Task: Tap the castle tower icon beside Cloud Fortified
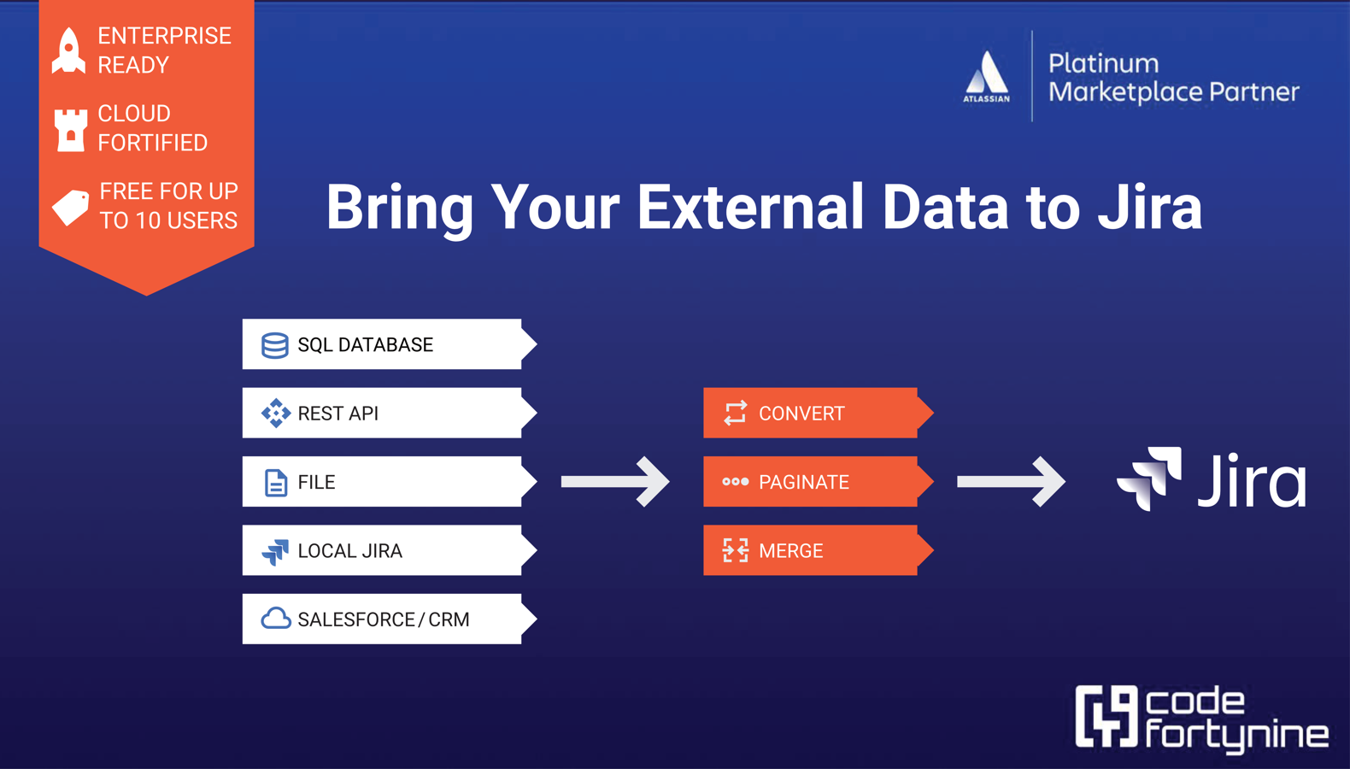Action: tap(71, 130)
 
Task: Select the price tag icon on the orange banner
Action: tap(71, 208)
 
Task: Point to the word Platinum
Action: tap(1103, 64)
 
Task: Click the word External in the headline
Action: tap(751, 208)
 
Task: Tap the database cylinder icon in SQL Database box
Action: tap(275, 345)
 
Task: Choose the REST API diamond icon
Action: tap(275, 414)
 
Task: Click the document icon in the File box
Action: tap(275, 483)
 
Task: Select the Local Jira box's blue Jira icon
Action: tap(275, 552)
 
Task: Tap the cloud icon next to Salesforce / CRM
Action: tap(275, 619)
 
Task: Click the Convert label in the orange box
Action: tap(801, 414)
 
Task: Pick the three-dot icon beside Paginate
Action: tap(736, 482)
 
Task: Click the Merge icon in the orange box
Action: tap(736, 550)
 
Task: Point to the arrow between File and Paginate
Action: tap(615, 482)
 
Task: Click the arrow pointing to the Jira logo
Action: tap(1012, 482)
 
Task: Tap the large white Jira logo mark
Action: tap(1149, 478)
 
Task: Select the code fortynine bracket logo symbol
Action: tap(1106, 716)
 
